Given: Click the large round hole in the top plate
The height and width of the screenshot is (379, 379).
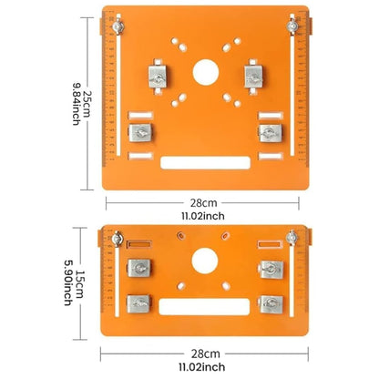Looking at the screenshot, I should click(204, 72).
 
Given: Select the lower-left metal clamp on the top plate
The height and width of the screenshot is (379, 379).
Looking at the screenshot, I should click(142, 134).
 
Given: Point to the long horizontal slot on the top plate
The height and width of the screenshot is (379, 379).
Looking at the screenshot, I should click(204, 165).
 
